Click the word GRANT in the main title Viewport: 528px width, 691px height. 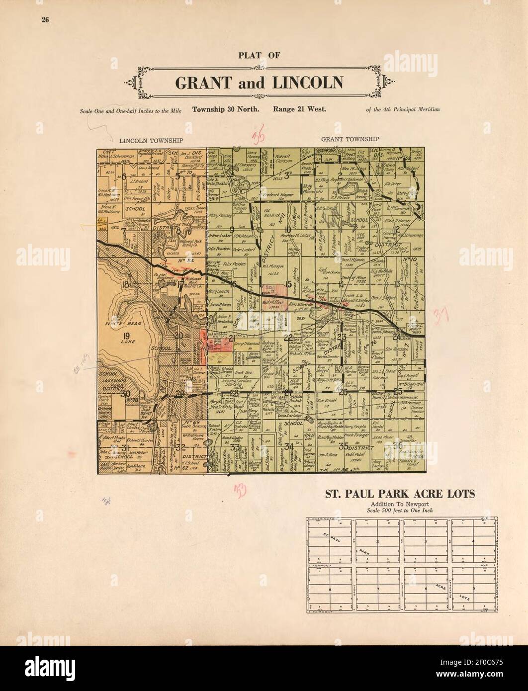(x=202, y=82)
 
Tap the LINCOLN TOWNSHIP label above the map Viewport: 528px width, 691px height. (x=144, y=141)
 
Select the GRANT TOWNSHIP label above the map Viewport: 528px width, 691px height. (x=350, y=139)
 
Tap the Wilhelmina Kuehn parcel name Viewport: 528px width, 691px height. (x=194, y=437)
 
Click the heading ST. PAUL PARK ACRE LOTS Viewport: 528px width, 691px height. (x=400, y=494)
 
